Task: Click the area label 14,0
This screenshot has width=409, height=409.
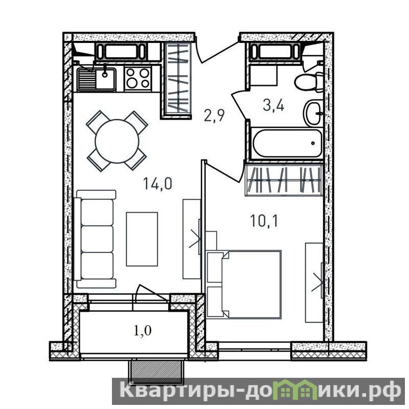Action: (x=157, y=183)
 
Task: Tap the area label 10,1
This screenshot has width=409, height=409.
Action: (x=264, y=221)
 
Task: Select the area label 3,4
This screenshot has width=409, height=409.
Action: (x=274, y=106)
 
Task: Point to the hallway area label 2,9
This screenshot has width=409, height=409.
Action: (x=214, y=116)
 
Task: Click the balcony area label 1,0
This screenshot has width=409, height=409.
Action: (x=143, y=331)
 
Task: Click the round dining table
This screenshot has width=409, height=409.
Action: (x=117, y=141)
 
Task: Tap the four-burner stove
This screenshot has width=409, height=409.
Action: (x=138, y=79)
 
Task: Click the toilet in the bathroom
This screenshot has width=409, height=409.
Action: (x=309, y=82)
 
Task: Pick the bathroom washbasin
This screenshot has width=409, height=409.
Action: (x=313, y=113)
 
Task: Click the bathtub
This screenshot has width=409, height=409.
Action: (x=287, y=143)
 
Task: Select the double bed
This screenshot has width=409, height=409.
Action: (x=244, y=284)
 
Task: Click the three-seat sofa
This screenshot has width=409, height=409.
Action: (x=95, y=239)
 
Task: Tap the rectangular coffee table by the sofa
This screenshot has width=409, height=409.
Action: (x=142, y=239)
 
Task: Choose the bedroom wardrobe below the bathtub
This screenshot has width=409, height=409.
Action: (x=284, y=180)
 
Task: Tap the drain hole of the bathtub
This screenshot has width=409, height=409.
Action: (x=312, y=143)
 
